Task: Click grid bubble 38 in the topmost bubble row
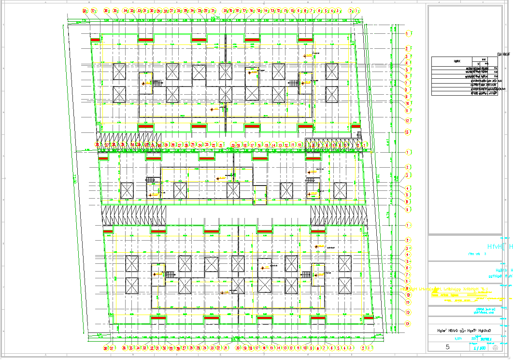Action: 85,11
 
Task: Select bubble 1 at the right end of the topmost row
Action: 358,11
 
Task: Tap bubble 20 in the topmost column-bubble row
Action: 225,11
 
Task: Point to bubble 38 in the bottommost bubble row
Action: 106,348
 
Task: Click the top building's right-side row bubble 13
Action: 408,132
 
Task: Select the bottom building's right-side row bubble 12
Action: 408,313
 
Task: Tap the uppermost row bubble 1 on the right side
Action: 408,33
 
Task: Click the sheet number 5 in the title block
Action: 448,347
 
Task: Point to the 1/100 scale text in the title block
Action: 479,347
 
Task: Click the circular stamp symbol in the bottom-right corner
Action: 495,347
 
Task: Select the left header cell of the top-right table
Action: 457,62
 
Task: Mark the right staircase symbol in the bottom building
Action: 306,274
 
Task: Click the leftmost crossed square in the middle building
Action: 127,190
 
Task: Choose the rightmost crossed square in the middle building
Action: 340,190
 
